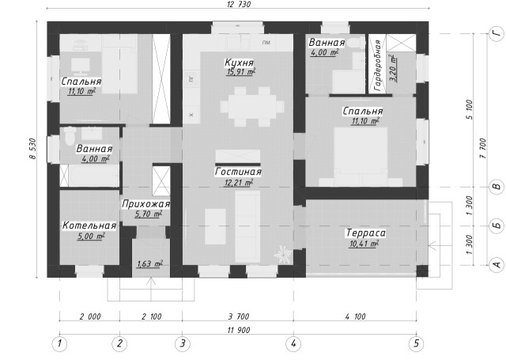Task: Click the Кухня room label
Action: coord(239,62)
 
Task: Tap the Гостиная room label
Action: coord(238,172)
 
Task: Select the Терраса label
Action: coord(366,233)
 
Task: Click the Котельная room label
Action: coord(89,225)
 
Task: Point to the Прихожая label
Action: coord(145,204)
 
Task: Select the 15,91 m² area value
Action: coord(240,72)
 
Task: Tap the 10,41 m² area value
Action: coord(364,244)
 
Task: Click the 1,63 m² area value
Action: coord(149,264)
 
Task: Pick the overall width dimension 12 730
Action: coord(238,4)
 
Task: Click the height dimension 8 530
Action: coord(32,149)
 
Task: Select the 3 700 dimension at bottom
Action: coord(239,316)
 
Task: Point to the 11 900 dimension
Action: coord(239,330)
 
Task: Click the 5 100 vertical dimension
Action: coord(470,110)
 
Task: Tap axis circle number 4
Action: coord(293,344)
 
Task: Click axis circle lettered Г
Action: coord(497,33)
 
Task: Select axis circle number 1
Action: coord(59,344)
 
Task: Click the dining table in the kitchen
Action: coord(252,107)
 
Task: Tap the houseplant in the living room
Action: coord(283,254)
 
